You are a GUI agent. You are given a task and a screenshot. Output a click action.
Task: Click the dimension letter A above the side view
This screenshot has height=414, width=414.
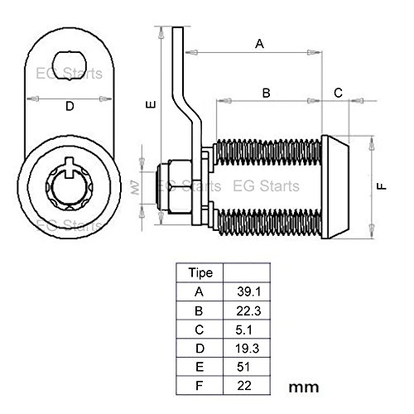(x=258, y=44)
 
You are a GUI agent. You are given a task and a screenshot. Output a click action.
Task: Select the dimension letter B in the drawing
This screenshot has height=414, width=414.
(x=266, y=93)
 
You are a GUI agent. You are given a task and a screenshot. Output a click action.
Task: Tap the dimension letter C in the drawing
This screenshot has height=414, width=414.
(x=338, y=93)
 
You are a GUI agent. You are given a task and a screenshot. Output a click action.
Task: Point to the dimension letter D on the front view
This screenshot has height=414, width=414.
(x=70, y=106)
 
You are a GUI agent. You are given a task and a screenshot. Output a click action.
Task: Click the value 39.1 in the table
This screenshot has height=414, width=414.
(x=248, y=291)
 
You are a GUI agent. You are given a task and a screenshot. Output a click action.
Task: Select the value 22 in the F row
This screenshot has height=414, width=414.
(x=248, y=386)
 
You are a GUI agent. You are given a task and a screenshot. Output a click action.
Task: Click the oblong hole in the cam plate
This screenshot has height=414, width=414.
(x=69, y=60)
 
